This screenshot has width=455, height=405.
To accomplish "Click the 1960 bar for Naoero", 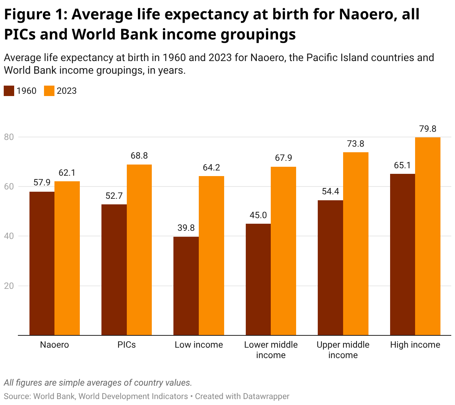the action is (x=42, y=263).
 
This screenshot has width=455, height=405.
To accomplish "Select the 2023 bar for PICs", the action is (x=139, y=250).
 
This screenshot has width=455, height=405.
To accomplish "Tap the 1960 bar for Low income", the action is (x=186, y=286).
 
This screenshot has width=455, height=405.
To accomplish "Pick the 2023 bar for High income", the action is (x=428, y=236).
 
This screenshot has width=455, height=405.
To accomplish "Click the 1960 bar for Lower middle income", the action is (x=258, y=279).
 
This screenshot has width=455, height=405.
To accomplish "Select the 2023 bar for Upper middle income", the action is (x=356, y=243).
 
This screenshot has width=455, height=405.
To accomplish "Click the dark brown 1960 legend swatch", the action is (x=9, y=91).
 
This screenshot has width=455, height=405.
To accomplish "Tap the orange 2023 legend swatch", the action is (x=49, y=91).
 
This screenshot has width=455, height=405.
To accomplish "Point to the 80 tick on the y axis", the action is (x=9, y=137).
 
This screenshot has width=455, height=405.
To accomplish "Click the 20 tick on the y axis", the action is (x=9, y=286).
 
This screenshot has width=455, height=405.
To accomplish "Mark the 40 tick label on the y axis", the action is (x=9, y=236).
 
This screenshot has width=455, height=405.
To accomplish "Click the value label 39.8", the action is (x=186, y=228).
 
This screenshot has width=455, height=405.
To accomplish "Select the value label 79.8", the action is (x=428, y=129).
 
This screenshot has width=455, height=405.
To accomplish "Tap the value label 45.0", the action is (x=258, y=215).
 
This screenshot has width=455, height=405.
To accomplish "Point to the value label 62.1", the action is (x=67, y=173).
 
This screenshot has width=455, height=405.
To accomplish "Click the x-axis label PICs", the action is (x=127, y=345).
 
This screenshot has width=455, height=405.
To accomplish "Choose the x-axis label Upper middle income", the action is (x=343, y=350).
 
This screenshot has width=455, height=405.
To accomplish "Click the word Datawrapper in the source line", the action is (x=266, y=396).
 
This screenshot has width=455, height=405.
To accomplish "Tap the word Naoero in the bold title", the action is (x=366, y=15).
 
